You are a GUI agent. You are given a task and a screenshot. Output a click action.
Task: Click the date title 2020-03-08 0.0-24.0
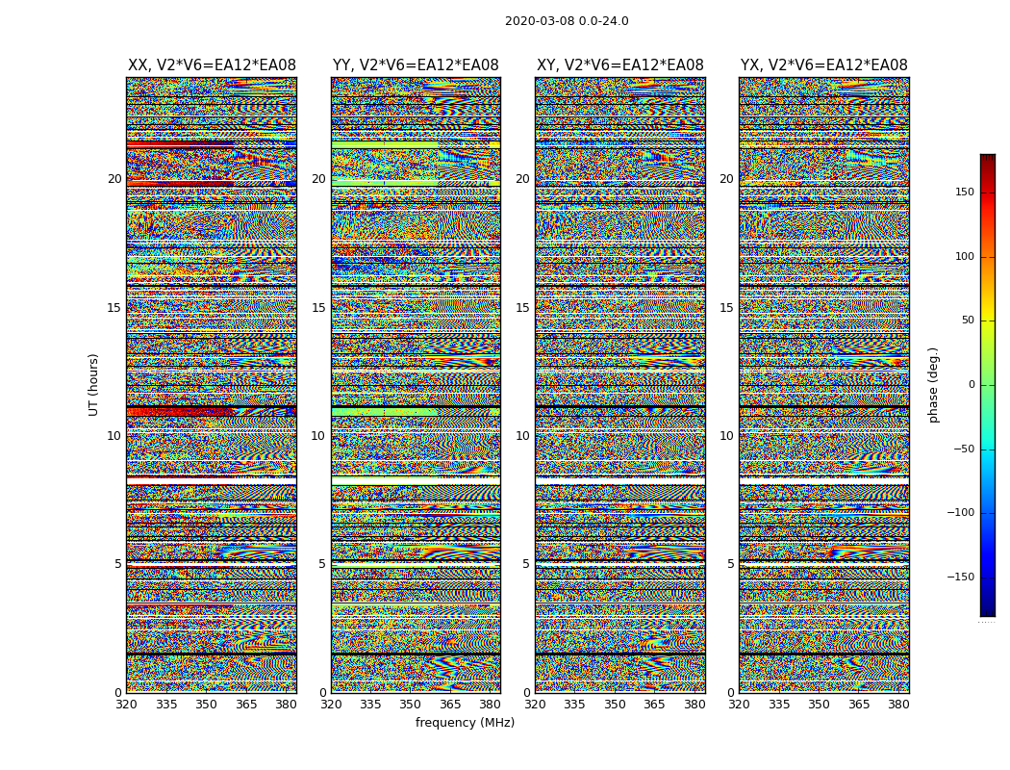pos(567,21)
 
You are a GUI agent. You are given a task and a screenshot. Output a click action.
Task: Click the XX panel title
pos(212,65)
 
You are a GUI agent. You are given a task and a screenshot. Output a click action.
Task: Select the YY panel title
pos(416,65)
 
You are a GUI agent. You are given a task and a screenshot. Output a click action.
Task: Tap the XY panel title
pos(619,65)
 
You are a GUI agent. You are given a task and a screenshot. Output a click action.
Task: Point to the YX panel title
pos(823,65)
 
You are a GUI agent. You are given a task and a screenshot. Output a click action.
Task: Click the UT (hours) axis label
pos(93,384)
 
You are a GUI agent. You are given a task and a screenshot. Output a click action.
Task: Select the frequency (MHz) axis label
pos(465,723)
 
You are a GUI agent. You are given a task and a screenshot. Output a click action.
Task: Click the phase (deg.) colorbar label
pos(933,384)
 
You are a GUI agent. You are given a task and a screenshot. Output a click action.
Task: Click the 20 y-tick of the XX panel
pos(114,179)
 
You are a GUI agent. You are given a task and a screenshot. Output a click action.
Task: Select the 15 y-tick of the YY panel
pos(318,308)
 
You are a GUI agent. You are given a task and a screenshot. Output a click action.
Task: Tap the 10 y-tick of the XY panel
pos(522,436)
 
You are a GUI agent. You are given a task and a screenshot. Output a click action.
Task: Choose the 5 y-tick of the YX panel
pos(730,564)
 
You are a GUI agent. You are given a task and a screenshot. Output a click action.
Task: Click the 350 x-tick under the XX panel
pos(207,705)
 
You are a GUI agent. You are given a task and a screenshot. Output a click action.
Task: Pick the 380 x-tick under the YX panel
pos(898,705)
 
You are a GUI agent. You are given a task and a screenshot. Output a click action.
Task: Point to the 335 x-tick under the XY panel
pos(574,705)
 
